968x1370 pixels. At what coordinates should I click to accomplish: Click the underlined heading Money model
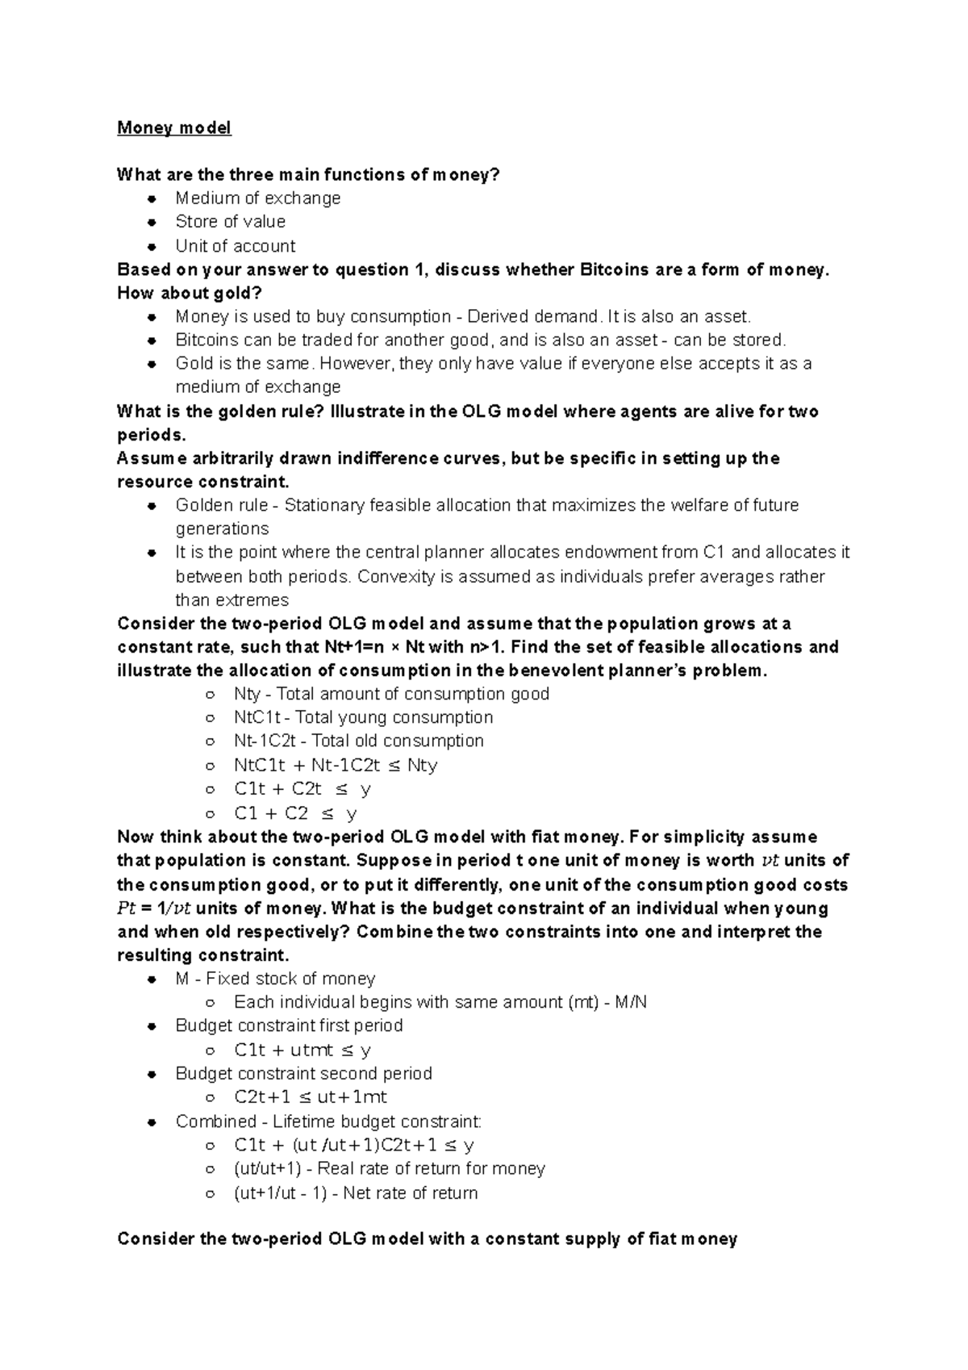[174, 127]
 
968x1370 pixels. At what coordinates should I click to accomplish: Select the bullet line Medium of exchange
[257, 198]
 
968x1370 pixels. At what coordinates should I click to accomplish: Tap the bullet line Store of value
[230, 222]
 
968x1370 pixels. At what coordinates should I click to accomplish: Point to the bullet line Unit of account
[235, 246]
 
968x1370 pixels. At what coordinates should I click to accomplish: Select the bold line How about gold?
[190, 293]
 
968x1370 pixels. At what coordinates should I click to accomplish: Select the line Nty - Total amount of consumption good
[391, 694]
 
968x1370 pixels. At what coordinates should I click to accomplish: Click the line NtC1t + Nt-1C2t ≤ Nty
[335, 765]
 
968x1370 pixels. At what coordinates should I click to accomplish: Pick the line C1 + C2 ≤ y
[294, 813]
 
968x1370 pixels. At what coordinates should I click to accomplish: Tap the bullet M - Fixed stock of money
[274, 979]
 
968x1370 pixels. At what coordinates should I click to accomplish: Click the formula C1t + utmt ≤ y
[302, 1050]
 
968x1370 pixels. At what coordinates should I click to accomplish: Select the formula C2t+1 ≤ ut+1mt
[310, 1097]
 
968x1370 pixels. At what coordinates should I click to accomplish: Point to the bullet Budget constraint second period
[303, 1074]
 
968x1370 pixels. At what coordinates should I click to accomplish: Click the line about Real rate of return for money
[389, 1168]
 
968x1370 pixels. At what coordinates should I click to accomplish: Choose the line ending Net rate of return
[355, 1192]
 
